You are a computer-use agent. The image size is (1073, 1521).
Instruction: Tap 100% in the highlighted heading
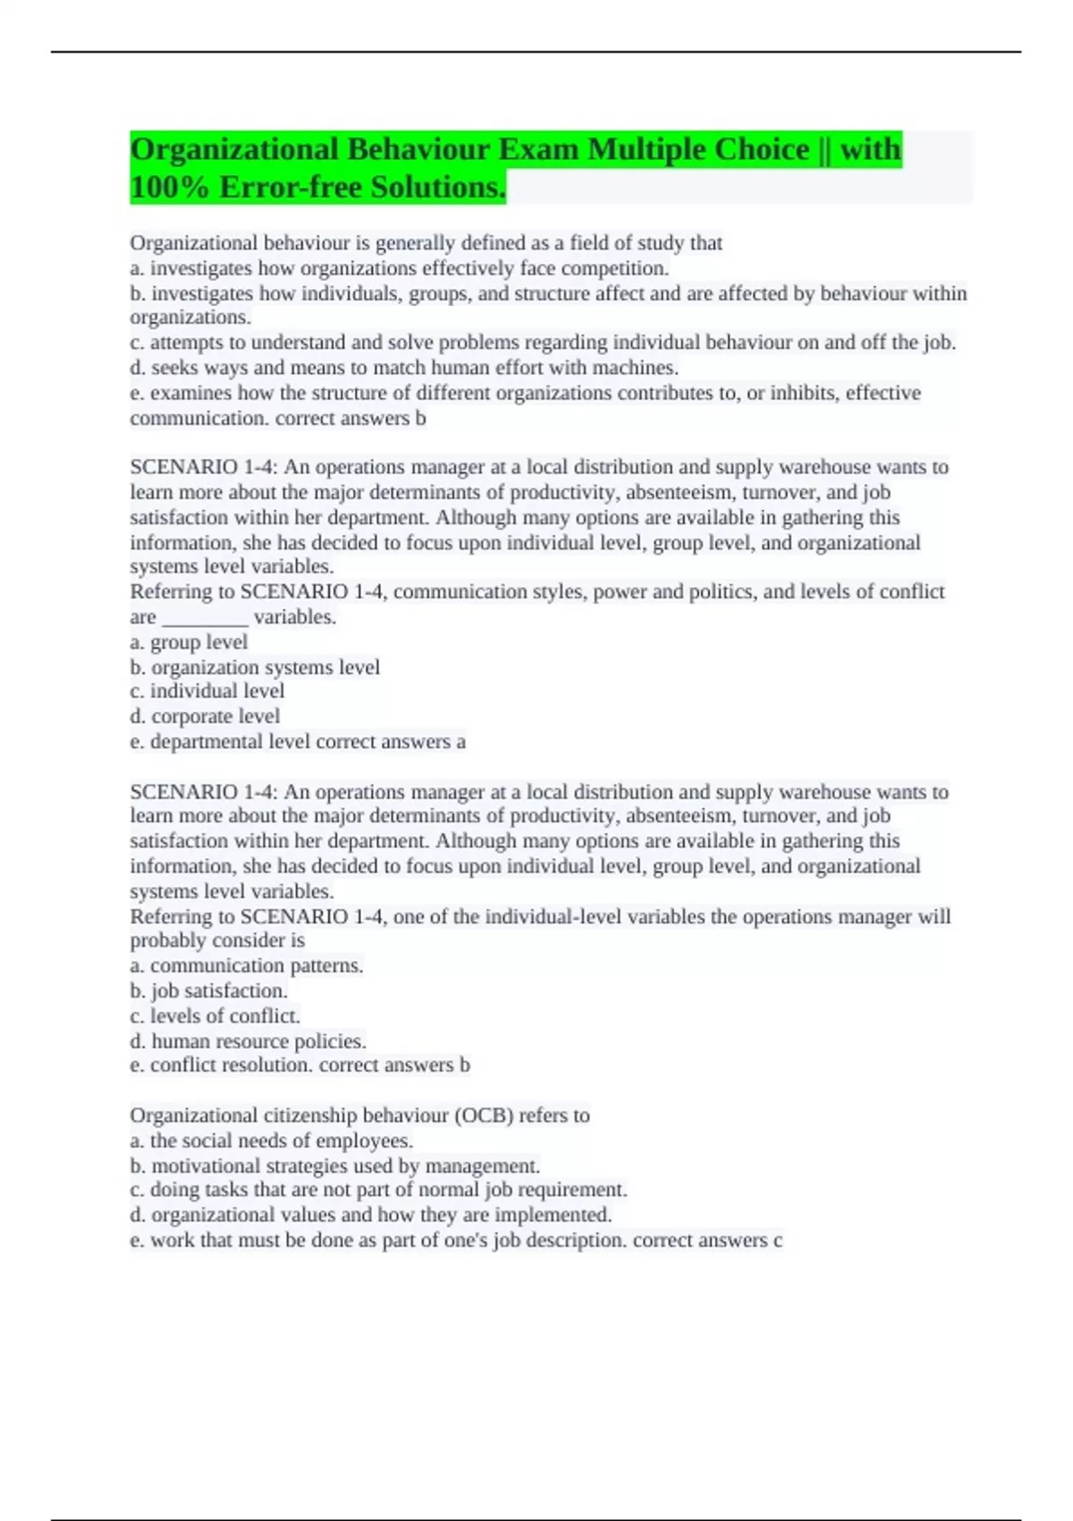tap(169, 188)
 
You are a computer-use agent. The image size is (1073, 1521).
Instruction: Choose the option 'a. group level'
tap(189, 642)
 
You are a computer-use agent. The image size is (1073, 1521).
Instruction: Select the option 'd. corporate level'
tap(205, 717)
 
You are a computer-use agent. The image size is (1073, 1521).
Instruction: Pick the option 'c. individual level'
tap(207, 692)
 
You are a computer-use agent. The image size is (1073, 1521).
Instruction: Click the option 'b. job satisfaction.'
tap(208, 991)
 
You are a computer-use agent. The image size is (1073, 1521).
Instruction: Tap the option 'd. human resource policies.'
tap(248, 1041)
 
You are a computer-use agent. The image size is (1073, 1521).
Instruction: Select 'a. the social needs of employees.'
tap(271, 1141)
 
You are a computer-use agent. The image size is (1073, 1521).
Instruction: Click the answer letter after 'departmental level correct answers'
tap(460, 742)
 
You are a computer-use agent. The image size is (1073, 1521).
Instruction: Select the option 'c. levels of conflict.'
tap(215, 1016)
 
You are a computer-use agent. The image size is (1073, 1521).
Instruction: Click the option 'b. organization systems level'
tap(255, 667)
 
